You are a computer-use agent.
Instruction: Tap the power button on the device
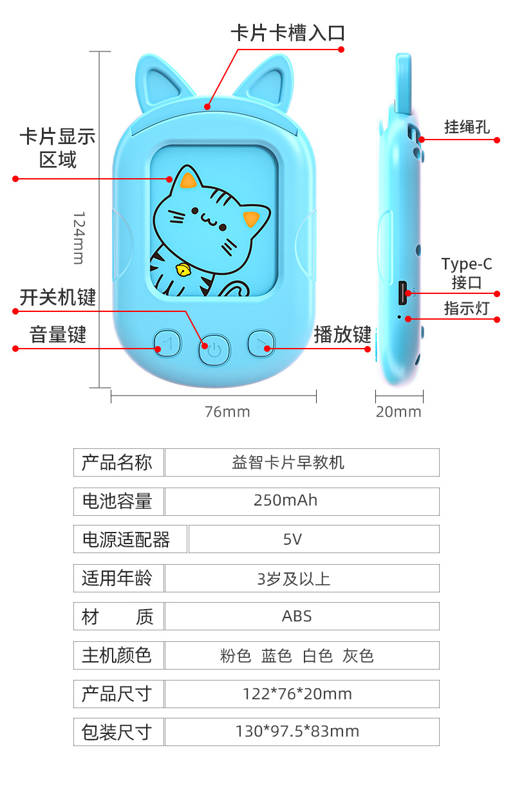[214, 350]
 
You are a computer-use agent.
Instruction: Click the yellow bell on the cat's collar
[184, 270]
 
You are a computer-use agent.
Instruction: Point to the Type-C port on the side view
[404, 293]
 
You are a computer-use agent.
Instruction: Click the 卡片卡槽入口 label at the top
[288, 33]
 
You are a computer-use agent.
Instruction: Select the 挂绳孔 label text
[467, 127]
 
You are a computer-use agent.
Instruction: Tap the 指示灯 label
[467, 308]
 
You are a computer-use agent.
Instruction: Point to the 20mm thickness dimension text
[398, 412]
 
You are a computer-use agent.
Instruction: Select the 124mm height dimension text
[78, 237]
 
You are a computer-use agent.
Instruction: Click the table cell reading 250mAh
[302, 500]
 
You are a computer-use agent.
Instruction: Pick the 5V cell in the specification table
[314, 539]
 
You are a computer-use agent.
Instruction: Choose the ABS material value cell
[302, 616]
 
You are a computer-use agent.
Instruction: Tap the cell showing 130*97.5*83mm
[302, 731]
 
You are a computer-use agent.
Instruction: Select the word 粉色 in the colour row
[236, 655]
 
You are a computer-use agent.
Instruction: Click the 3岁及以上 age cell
[302, 578]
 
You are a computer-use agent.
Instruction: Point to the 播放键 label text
[342, 334]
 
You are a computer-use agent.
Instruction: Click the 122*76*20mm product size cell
[302, 694]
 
